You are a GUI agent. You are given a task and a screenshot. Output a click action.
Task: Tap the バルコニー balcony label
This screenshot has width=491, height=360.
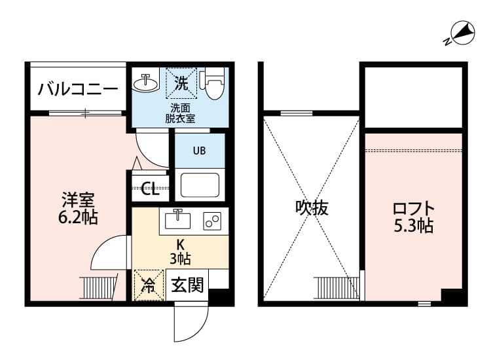(77, 89)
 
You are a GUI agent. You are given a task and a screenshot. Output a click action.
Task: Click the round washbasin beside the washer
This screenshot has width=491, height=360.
(145, 83)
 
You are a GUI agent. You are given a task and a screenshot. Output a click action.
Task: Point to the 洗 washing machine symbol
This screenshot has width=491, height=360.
(181, 83)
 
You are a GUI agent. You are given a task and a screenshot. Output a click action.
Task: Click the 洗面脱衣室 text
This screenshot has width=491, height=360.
(180, 113)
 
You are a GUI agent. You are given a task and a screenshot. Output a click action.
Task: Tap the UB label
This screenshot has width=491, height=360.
(198, 150)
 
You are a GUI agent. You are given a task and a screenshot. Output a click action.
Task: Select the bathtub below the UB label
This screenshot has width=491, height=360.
(200, 185)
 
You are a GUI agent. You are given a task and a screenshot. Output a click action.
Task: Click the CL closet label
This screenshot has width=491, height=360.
(150, 190)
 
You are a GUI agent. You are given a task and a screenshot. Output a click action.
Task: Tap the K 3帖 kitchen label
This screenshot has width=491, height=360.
(179, 251)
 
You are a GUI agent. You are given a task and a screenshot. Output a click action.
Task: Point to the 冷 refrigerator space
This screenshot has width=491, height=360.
(149, 285)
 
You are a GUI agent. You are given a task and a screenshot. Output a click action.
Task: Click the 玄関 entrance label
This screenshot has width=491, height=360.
(188, 285)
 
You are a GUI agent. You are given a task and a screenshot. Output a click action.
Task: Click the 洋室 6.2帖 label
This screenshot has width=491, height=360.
(78, 208)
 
